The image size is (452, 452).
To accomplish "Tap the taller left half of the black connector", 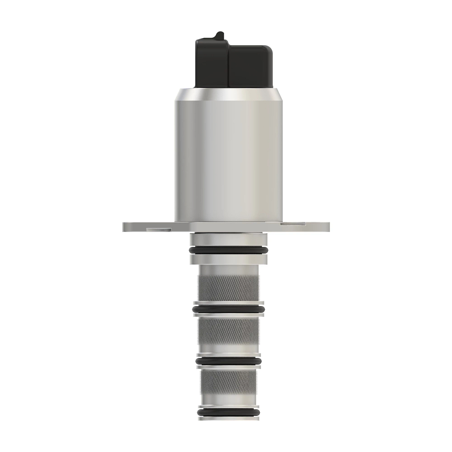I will point(211,64).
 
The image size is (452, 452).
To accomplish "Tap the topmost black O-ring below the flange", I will point(228,250).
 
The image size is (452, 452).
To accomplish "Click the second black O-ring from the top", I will point(228,309).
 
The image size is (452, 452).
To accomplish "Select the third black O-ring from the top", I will point(228,361).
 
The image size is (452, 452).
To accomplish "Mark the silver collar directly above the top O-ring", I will point(228,240).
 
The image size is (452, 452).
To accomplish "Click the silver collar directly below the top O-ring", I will point(228,259).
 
